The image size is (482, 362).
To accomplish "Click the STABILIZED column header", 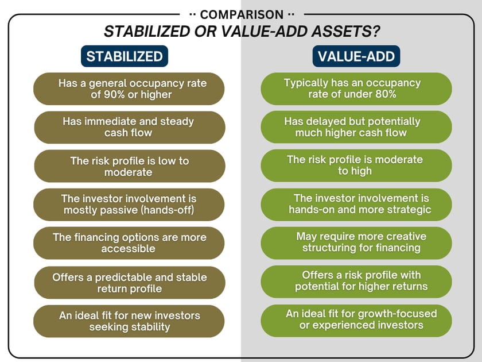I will click(125, 57).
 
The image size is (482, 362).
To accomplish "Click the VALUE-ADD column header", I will click(356, 57).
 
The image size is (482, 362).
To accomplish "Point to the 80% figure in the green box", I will click(383, 94).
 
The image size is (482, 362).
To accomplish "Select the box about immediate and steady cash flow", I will click(129, 127).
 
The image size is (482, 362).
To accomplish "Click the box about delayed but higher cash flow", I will click(356, 127).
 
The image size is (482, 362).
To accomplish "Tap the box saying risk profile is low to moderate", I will click(129, 166).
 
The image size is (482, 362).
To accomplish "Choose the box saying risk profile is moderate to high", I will click(356, 165).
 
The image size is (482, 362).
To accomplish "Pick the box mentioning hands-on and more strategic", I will click(356, 204).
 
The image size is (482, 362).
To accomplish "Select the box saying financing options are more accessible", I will click(129, 242).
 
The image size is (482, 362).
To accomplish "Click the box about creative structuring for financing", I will click(356, 242).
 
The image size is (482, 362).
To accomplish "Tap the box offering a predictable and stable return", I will click(129, 282).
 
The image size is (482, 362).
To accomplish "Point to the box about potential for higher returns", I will click(356, 281).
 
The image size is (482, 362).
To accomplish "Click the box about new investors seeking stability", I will click(129, 321).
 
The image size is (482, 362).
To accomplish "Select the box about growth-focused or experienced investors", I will click(356, 319).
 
